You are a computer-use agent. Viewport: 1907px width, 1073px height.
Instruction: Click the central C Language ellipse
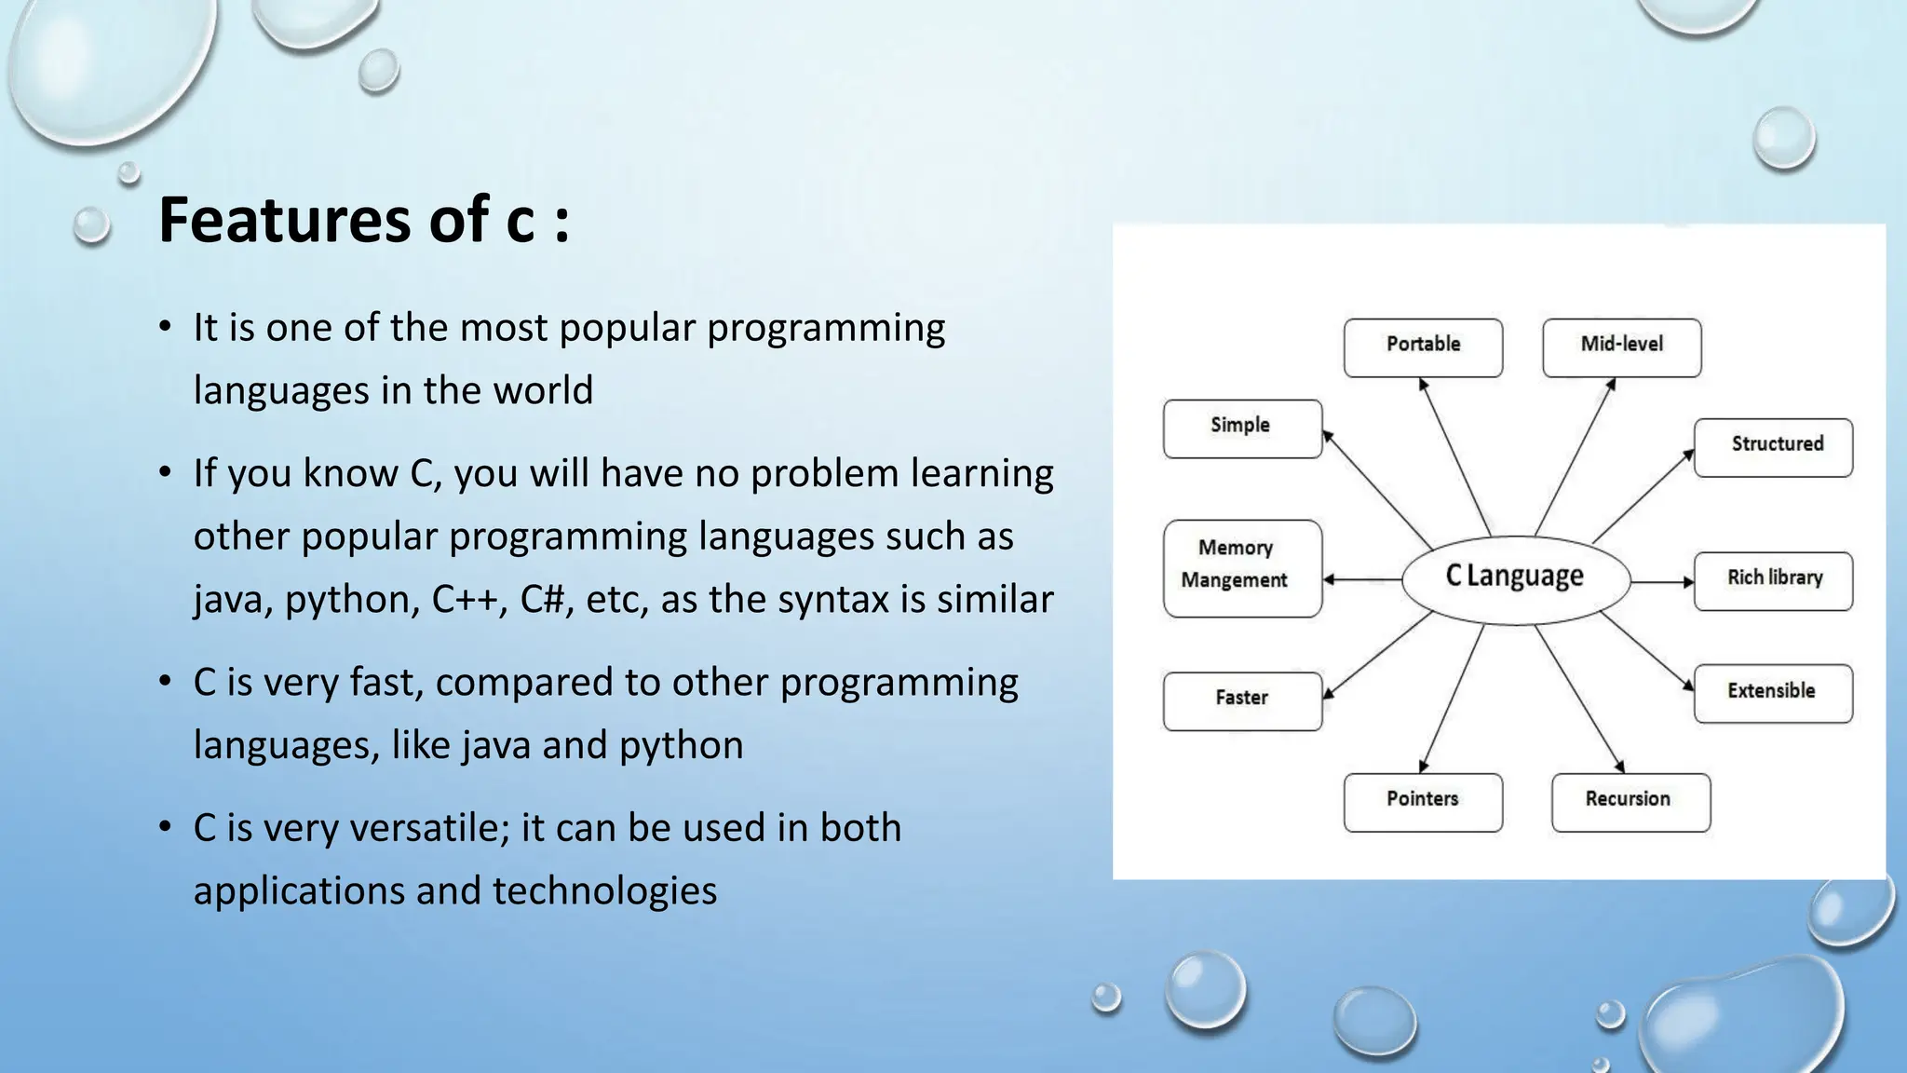coord(1515,578)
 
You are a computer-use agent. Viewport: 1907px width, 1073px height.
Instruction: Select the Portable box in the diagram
coord(1423,347)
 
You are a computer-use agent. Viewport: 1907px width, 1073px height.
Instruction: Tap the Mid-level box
coord(1621,347)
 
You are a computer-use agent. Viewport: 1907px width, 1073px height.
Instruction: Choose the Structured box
coord(1773,447)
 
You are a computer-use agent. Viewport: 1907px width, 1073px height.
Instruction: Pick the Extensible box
coord(1773,693)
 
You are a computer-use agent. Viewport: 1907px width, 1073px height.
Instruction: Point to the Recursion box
coord(1630,802)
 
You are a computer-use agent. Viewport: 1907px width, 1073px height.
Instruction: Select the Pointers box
coord(1423,802)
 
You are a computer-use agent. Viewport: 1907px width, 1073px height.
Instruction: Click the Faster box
coord(1242,700)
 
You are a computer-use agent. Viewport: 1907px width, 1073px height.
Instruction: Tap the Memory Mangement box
coord(1242,567)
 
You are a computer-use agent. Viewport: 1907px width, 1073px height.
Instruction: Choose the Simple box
coord(1242,428)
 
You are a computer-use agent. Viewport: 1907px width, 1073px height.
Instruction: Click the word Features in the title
coord(284,221)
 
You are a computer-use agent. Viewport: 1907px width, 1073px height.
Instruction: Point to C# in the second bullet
coord(542,599)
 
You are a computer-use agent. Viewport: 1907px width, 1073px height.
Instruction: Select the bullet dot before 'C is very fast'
coord(165,682)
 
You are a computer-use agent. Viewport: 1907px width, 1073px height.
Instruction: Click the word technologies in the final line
coord(604,891)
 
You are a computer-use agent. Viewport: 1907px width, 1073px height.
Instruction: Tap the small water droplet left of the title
coord(91,225)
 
